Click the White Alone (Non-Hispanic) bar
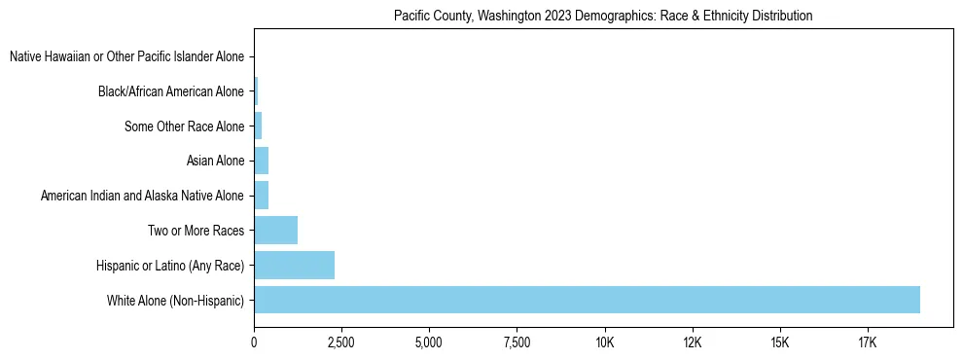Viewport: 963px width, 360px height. coord(587,300)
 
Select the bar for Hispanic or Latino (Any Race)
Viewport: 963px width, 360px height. coord(294,265)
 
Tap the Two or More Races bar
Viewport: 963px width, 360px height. coord(275,231)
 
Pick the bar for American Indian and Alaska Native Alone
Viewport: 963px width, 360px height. coord(261,196)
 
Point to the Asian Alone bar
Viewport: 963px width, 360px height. coord(261,161)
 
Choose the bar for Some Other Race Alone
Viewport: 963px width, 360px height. coord(258,126)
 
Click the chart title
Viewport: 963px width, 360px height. coord(603,17)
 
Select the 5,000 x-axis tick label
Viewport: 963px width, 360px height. coord(429,342)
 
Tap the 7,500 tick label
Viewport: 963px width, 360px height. coord(517,342)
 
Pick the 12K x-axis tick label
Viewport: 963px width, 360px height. coord(692,342)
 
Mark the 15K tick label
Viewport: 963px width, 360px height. coord(779,342)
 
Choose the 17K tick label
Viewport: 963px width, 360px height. coord(867,342)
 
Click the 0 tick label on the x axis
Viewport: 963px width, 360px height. coord(254,342)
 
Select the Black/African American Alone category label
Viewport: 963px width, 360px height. coord(171,91)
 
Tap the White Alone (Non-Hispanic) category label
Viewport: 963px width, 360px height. coord(176,300)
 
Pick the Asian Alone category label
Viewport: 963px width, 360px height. coord(215,161)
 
